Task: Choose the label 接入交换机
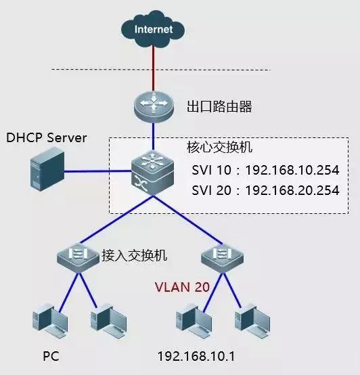[x=133, y=255]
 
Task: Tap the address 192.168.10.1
[x=196, y=355]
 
